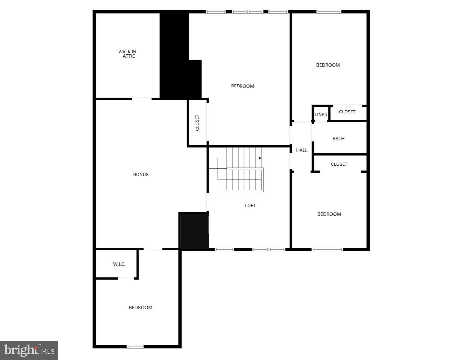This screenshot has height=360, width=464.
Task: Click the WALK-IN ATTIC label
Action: pyautogui.click(x=128, y=54)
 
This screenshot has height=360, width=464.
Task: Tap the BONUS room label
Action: pyautogui.click(x=141, y=174)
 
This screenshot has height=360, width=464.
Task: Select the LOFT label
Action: pyautogui.click(x=250, y=205)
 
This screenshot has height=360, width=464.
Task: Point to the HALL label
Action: pyautogui.click(x=302, y=150)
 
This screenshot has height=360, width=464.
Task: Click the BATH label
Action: pyautogui.click(x=338, y=139)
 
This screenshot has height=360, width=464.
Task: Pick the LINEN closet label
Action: pyautogui.click(x=321, y=114)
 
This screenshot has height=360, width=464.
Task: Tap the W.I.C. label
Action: pyautogui.click(x=119, y=264)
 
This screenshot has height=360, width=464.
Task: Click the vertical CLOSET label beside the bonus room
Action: pyautogui.click(x=197, y=123)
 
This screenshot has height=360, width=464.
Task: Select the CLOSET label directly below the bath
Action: pyautogui.click(x=339, y=164)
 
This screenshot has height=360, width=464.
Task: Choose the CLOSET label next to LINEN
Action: pyautogui.click(x=347, y=112)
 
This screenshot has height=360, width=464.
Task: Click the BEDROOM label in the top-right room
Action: pyautogui.click(x=328, y=65)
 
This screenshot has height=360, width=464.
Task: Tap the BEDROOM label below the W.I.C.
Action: pyautogui.click(x=141, y=307)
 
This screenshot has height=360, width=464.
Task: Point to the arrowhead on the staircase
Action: pyautogui.click(x=260, y=158)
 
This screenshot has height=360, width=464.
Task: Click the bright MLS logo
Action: pyautogui.click(x=29, y=350)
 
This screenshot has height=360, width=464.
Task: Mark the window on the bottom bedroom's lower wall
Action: pyautogui.click(x=135, y=347)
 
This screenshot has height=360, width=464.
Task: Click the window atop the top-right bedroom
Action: pyautogui.click(x=329, y=12)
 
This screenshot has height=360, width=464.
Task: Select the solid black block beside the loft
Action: pyautogui.click(x=194, y=231)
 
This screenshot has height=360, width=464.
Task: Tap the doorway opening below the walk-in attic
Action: pyautogui.click(x=142, y=99)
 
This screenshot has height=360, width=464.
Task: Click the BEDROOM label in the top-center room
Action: pyautogui.click(x=242, y=86)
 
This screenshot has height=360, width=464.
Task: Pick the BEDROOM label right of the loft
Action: pyautogui.click(x=329, y=214)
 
